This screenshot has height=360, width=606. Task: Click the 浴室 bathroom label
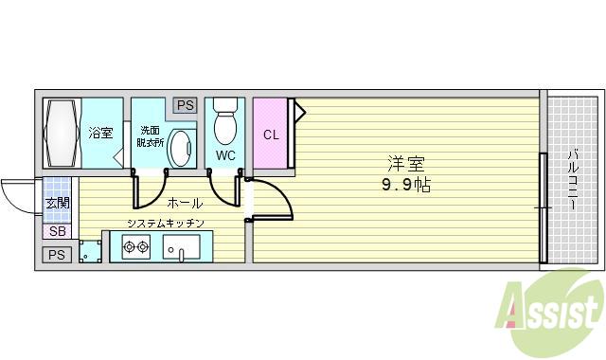tap(99, 134)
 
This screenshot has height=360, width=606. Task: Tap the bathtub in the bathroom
tap(61, 133)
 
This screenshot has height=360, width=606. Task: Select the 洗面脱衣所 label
tap(150, 135)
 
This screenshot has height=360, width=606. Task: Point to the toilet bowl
tap(224, 124)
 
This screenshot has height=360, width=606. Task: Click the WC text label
tap(225, 154)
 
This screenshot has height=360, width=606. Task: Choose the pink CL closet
tap(271, 134)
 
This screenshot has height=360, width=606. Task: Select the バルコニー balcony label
tap(574, 179)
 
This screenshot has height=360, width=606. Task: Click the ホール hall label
tap(183, 203)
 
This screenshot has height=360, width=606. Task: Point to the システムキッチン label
tap(166, 224)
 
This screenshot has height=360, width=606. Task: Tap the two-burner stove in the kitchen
tap(134, 249)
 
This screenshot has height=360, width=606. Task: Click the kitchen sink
tap(179, 249)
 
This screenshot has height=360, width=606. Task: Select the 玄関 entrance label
tap(56, 203)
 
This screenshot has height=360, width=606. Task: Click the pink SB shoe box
tap(56, 231)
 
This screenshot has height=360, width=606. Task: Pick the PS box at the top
tap(185, 105)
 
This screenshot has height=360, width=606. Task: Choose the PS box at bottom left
tap(56, 254)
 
